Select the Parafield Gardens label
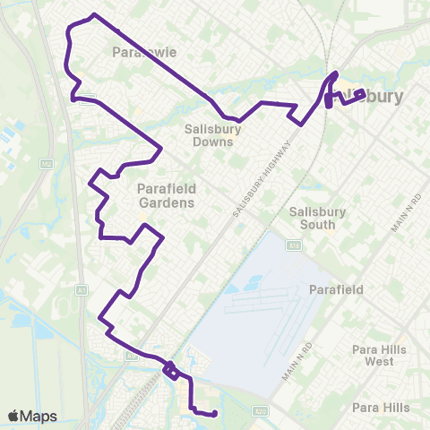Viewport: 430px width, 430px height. point(166,195)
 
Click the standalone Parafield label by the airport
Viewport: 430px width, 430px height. point(336,290)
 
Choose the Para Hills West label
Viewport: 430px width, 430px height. point(380,356)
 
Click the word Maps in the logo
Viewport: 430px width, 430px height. point(39,416)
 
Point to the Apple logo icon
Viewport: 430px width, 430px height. point(13,416)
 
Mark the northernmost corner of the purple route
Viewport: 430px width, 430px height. point(94,15)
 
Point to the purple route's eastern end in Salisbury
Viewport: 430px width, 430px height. point(363,92)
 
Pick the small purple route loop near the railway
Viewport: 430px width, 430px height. point(169,369)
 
